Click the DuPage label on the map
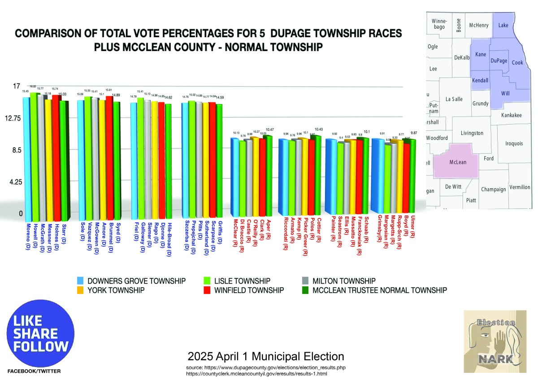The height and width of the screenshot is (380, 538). [x=499, y=60]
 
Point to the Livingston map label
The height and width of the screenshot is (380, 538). [x=472, y=133]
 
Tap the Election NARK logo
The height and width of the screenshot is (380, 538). [x=495, y=341]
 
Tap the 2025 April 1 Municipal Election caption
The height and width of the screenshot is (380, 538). [x=266, y=357]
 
